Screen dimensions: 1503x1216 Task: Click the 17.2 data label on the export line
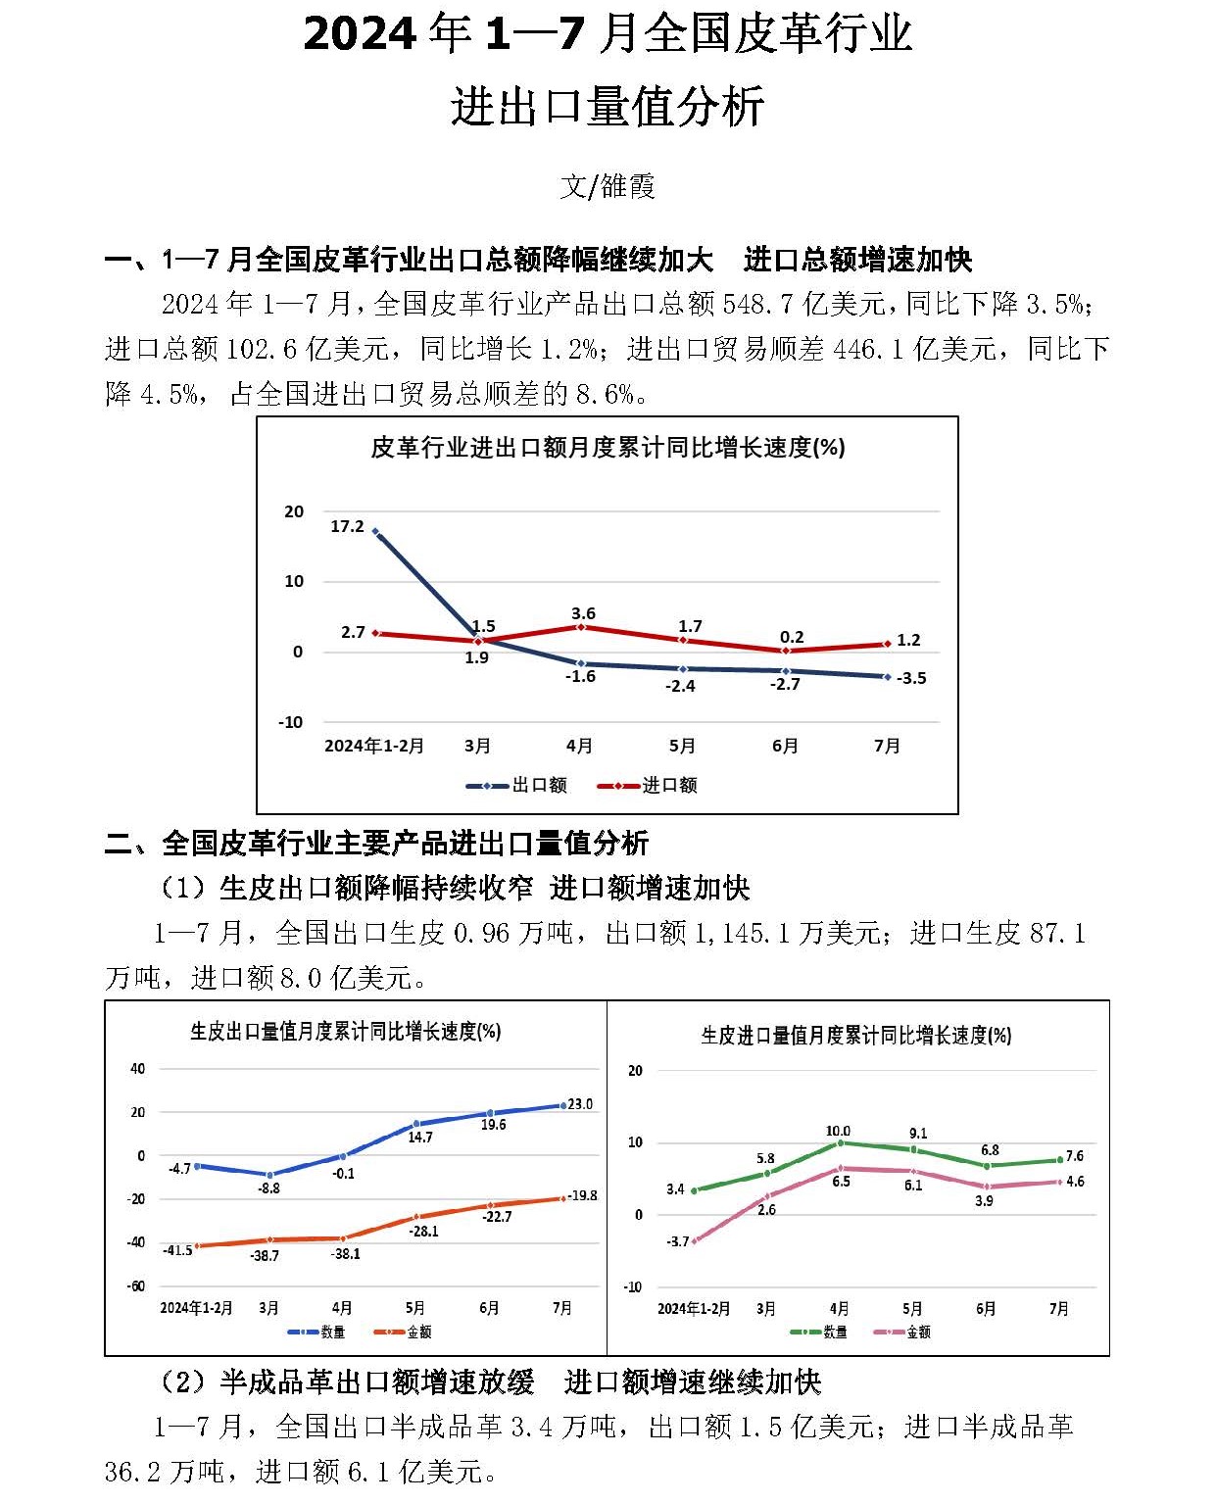tap(347, 527)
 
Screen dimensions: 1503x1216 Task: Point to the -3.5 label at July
tap(911, 679)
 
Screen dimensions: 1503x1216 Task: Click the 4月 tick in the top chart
tap(579, 747)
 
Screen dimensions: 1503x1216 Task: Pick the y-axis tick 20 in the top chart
tap(294, 511)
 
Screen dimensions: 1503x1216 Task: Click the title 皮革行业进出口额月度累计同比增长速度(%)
tap(608, 449)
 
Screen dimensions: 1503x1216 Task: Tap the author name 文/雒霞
tap(608, 186)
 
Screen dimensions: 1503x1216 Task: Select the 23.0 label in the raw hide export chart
tap(580, 1104)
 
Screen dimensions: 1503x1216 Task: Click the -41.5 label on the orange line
tap(177, 1251)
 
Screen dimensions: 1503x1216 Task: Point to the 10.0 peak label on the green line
tap(839, 1131)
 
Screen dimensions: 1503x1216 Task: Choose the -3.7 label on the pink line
tap(678, 1241)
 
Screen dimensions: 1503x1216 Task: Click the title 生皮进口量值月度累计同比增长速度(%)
tap(855, 1036)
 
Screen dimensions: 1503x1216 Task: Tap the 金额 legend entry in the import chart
tap(918, 1333)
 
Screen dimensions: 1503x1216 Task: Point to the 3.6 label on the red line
tap(583, 614)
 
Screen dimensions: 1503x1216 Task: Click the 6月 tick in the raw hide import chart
tap(986, 1309)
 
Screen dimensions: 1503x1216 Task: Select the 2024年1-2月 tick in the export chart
tap(196, 1309)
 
